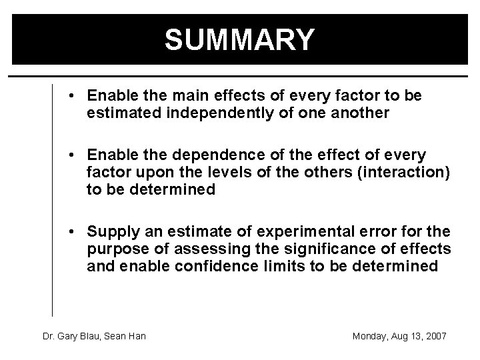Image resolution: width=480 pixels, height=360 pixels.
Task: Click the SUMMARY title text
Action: pos(239,39)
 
